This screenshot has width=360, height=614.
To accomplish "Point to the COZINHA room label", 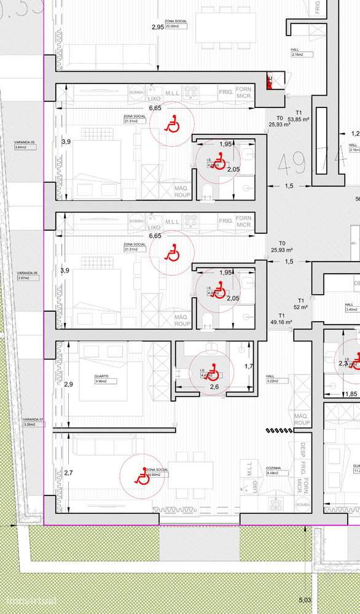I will tap(274, 467).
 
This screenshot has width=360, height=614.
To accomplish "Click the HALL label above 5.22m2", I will tap(269, 376).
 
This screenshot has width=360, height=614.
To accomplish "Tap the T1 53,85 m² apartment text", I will tap(300, 116).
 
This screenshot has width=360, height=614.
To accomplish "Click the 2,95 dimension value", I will tap(158, 27).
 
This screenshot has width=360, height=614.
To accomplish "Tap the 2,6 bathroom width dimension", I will tap(213, 387).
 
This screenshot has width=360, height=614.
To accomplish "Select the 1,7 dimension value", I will tap(249, 367).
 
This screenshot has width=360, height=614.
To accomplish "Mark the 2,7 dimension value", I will tap(69, 472).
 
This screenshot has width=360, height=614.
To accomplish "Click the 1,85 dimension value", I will tap(351, 394).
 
